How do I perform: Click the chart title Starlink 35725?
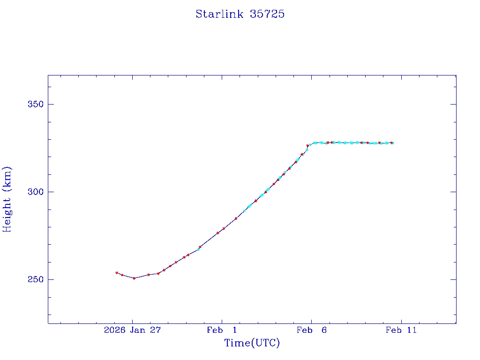pyautogui.click(x=240, y=14)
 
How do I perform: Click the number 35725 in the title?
pyautogui.click(x=267, y=14)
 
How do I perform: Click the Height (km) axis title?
pyautogui.click(x=7, y=199)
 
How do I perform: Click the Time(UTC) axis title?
pyautogui.click(x=252, y=343)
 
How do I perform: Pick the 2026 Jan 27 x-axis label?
pyautogui.click(x=132, y=330)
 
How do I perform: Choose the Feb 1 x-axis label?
pyautogui.click(x=222, y=330)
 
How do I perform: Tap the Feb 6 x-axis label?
pyautogui.click(x=311, y=330)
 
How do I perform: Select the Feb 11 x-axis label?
pyautogui.click(x=401, y=330)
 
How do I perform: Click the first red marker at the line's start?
pyautogui.click(x=117, y=273)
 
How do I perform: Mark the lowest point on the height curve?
pyautogui.click(x=134, y=278)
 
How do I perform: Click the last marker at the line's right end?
pyautogui.click(x=392, y=143)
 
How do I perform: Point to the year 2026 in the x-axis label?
pyautogui.click(x=114, y=330)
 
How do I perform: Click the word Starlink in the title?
pyautogui.click(x=213, y=14)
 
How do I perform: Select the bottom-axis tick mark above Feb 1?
pyautogui.click(x=222, y=321)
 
